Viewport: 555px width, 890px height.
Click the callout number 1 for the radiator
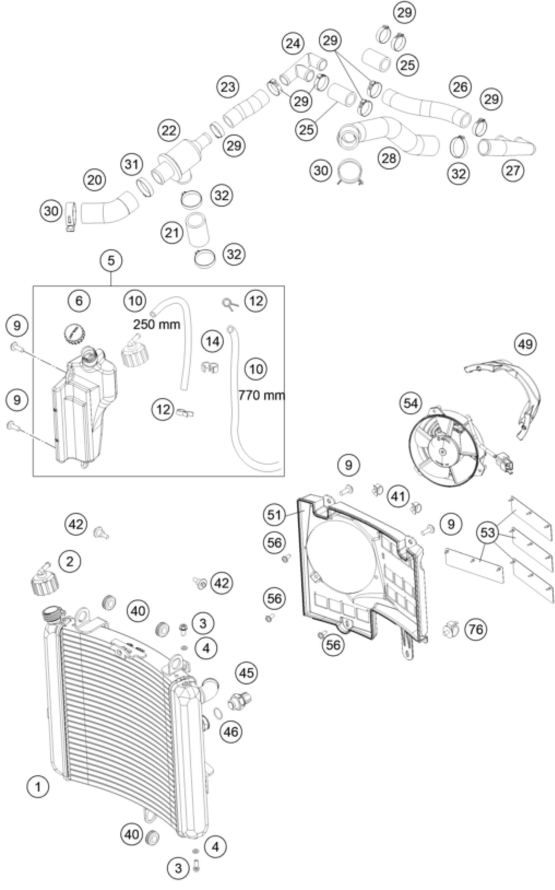click(x=38, y=787)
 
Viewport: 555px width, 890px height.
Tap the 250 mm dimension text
click(x=157, y=324)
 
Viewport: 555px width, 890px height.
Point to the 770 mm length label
click(x=262, y=395)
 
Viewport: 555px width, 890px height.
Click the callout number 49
click(x=525, y=344)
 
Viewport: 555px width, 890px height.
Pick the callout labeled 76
click(x=476, y=630)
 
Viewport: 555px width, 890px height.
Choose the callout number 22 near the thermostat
click(x=169, y=130)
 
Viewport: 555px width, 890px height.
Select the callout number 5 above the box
click(x=111, y=260)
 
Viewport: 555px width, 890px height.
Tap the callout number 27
click(x=513, y=170)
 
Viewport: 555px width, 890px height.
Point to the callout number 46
click(x=231, y=731)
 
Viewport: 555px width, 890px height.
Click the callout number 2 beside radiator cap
click(x=69, y=561)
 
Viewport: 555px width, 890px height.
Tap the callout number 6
click(x=79, y=301)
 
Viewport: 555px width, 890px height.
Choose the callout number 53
click(x=488, y=532)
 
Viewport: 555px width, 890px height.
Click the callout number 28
click(x=389, y=158)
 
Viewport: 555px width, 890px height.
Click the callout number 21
click(x=172, y=233)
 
